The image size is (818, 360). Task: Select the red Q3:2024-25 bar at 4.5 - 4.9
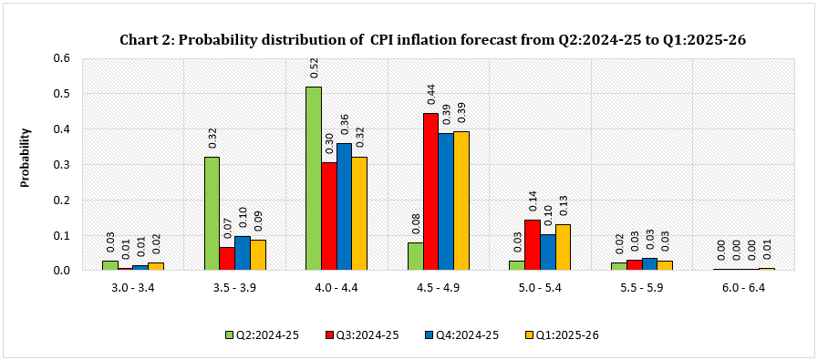(430, 192)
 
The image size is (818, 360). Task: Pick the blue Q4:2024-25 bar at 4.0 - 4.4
(344, 207)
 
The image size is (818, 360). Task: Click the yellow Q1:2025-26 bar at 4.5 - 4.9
(461, 201)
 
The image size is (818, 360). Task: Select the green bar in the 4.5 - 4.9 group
(415, 256)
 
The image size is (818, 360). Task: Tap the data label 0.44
(430, 96)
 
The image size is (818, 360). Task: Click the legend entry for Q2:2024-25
(262, 335)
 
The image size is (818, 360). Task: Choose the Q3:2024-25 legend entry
(363, 335)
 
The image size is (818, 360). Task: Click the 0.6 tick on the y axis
(63, 57)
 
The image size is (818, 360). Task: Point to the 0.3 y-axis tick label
(63, 164)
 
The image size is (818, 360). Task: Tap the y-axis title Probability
(26, 157)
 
